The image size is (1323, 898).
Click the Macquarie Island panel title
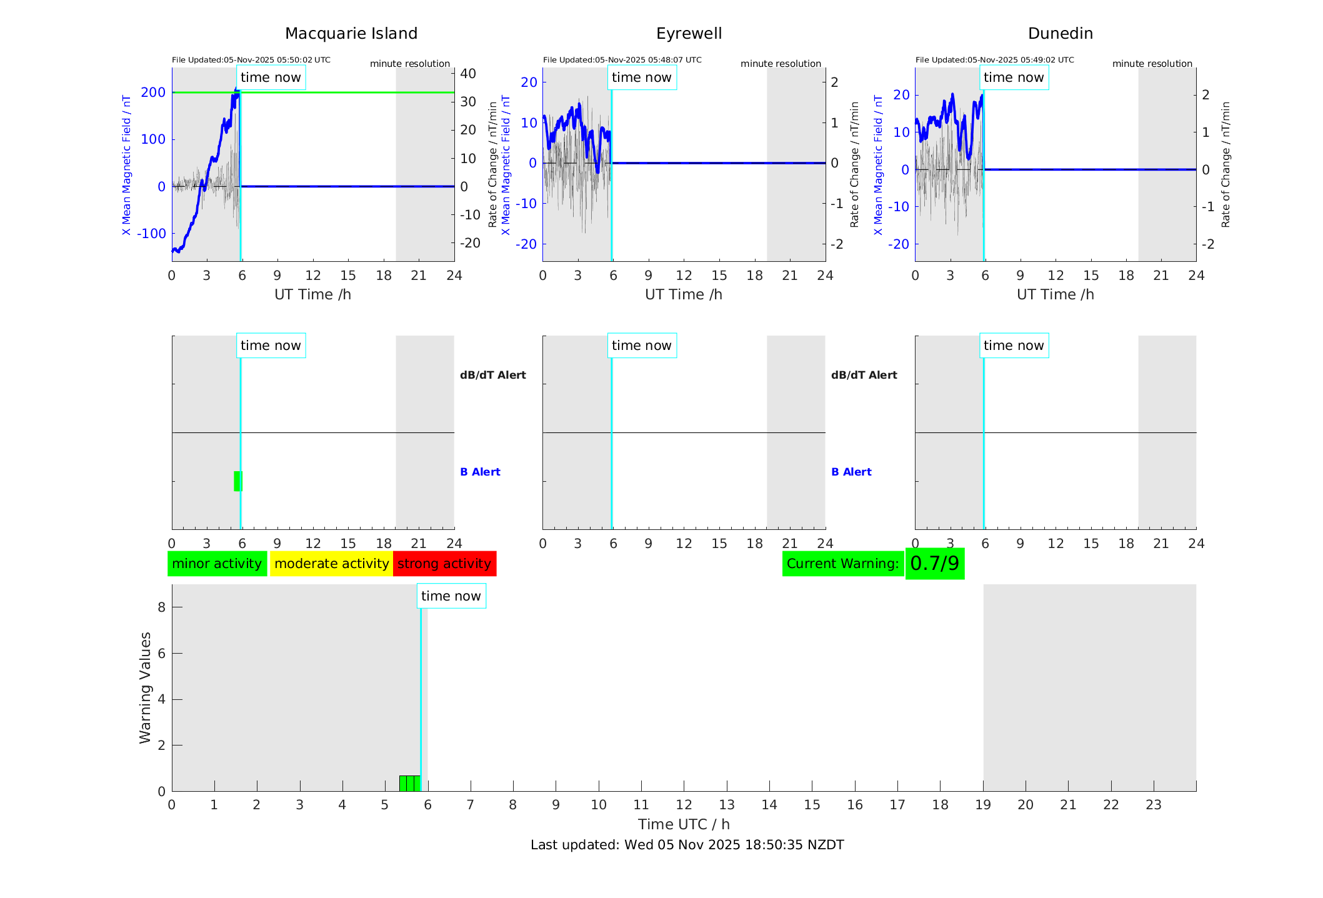[x=351, y=34]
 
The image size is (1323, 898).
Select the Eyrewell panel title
[x=689, y=34]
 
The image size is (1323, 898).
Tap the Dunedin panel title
[x=1060, y=34]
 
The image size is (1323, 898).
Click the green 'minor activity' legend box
[x=217, y=564]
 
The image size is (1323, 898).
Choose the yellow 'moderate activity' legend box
[x=331, y=564]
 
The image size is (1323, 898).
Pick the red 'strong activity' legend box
[x=444, y=564]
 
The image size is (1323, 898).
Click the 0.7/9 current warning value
[x=934, y=564]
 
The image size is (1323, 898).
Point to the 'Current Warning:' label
[x=842, y=564]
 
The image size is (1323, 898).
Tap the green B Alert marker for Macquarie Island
[x=237, y=481]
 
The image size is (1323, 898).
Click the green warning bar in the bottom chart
[x=409, y=783]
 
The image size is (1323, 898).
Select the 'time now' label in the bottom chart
[x=451, y=596]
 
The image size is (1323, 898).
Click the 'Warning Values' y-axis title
[x=146, y=687]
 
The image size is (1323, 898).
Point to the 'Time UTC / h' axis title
[x=684, y=824]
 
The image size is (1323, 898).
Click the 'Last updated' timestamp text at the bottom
[x=687, y=845]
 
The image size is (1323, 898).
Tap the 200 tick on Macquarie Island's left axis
[x=153, y=92]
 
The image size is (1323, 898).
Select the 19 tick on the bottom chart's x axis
[x=983, y=805]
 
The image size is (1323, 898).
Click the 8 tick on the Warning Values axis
[x=162, y=607]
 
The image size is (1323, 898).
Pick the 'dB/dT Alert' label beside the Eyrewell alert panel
[x=864, y=375]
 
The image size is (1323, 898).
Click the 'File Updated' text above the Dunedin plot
[x=994, y=60]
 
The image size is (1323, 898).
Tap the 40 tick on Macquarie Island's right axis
[x=468, y=74]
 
